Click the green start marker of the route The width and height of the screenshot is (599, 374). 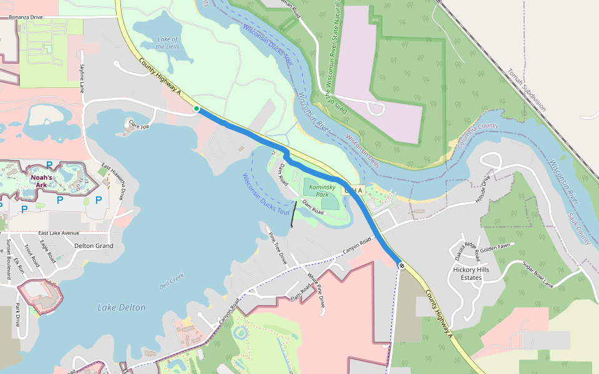click(x=197, y=108)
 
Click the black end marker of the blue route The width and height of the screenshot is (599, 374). click(x=402, y=266)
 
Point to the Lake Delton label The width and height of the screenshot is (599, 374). click(x=122, y=307)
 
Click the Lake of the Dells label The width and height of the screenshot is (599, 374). click(x=168, y=42)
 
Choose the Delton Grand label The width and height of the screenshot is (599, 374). click(x=94, y=246)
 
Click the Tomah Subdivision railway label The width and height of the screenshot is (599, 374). click(x=527, y=90)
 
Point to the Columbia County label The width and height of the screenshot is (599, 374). click(x=477, y=134)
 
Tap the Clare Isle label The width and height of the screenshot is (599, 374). click(x=139, y=125)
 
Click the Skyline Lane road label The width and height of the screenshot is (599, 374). click(x=82, y=78)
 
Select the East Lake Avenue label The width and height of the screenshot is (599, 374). click(x=59, y=233)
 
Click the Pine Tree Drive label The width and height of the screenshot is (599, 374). click(x=277, y=248)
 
